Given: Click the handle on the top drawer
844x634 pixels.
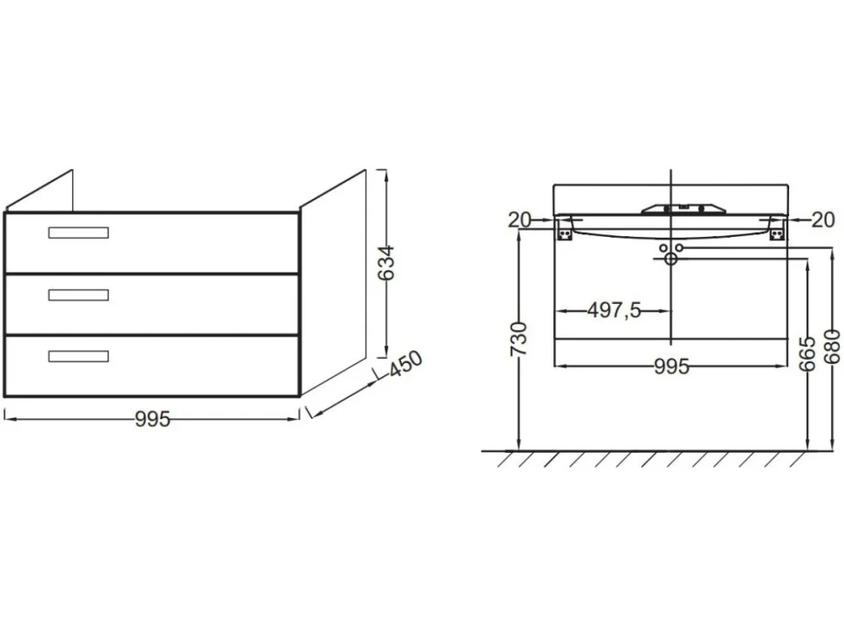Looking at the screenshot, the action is [x=78, y=233].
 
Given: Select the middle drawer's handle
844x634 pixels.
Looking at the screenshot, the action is [x=78, y=294].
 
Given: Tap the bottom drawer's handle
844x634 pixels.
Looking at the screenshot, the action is [x=78, y=356].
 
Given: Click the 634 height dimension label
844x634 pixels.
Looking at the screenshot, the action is [x=386, y=263].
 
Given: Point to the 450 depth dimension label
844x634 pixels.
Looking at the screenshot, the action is [x=405, y=364].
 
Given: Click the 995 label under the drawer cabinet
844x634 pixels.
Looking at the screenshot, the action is [x=152, y=419].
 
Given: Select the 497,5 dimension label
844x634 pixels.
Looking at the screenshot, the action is [x=614, y=310].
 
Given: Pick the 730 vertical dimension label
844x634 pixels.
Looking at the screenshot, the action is [x=519, y=339].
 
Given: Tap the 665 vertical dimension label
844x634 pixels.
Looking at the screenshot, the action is [x=807, y=354].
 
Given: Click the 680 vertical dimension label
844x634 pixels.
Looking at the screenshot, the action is [x=832, y=347].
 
